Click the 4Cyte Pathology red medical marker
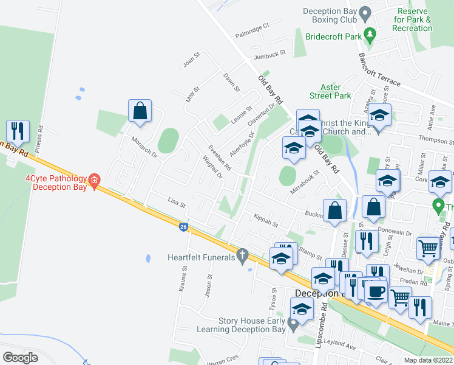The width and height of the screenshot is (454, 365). (x=94, y=180)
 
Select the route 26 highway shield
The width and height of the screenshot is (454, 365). (x=183, y=227)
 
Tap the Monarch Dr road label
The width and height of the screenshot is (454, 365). (x=144, y=147)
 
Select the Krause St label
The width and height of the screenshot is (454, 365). (x=183, y=279)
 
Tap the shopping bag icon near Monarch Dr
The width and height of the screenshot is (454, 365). (x=140, y=111)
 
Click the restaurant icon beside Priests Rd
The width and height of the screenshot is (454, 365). (x=18, y=130)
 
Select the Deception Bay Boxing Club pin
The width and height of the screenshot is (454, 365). (x=365, y=12)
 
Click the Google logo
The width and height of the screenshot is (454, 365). (x=20, y=357)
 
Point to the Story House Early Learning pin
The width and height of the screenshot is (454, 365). (x=294, y=323)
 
